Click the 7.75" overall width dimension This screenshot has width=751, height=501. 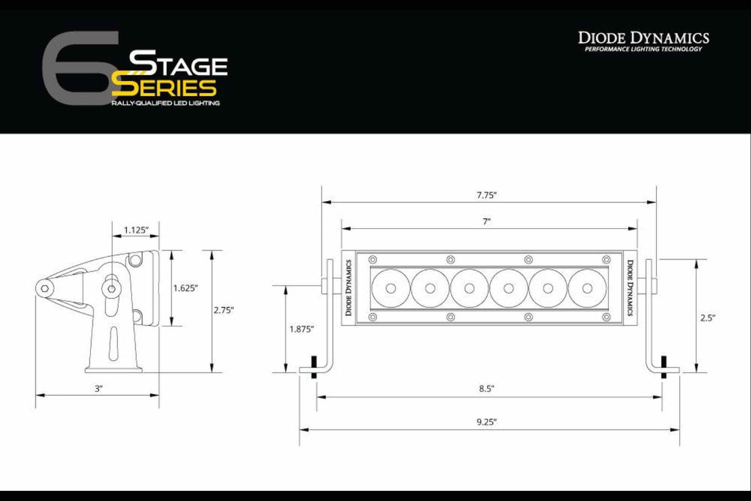pos(486,195)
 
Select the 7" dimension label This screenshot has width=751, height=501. pos(487,222)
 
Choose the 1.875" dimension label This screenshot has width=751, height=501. pos(301,329)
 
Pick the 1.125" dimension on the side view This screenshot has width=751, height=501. pos(136,230)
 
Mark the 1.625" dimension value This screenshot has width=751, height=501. pos(185,288)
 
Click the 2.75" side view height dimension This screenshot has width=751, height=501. pos(223,310)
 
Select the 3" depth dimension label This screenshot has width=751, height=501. pos(98,389)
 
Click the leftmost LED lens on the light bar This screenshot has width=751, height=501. pos(391,288)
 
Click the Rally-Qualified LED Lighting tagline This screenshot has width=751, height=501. pos(166,103)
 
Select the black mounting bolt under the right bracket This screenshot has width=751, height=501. pos(663,366)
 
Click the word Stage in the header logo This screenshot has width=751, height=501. pos(178,64)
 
